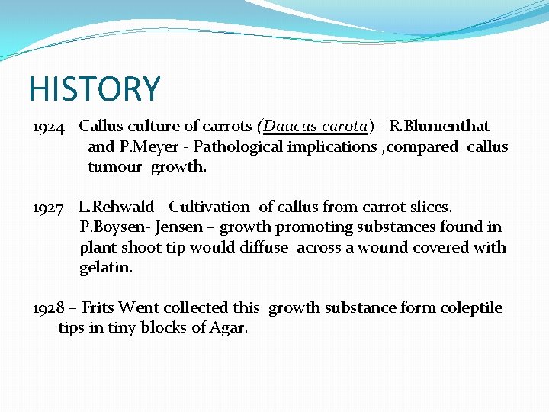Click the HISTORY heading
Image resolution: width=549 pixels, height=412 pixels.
coord(95,89)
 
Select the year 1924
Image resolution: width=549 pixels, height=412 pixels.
coord(49,126)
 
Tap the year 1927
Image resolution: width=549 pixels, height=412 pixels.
coord(49,207)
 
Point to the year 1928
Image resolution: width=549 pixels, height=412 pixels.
coord(49,308)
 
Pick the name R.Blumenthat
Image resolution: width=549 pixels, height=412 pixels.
coord(439,126)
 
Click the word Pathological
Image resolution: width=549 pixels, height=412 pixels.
coord(237,146)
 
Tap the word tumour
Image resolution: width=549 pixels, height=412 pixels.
coord(114,167)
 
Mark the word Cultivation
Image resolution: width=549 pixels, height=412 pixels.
coord(209,207)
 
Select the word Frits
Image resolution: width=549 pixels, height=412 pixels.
coord(97,308)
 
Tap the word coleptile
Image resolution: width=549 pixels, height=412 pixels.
coord(468,308)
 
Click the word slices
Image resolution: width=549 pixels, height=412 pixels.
coord(429,207)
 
